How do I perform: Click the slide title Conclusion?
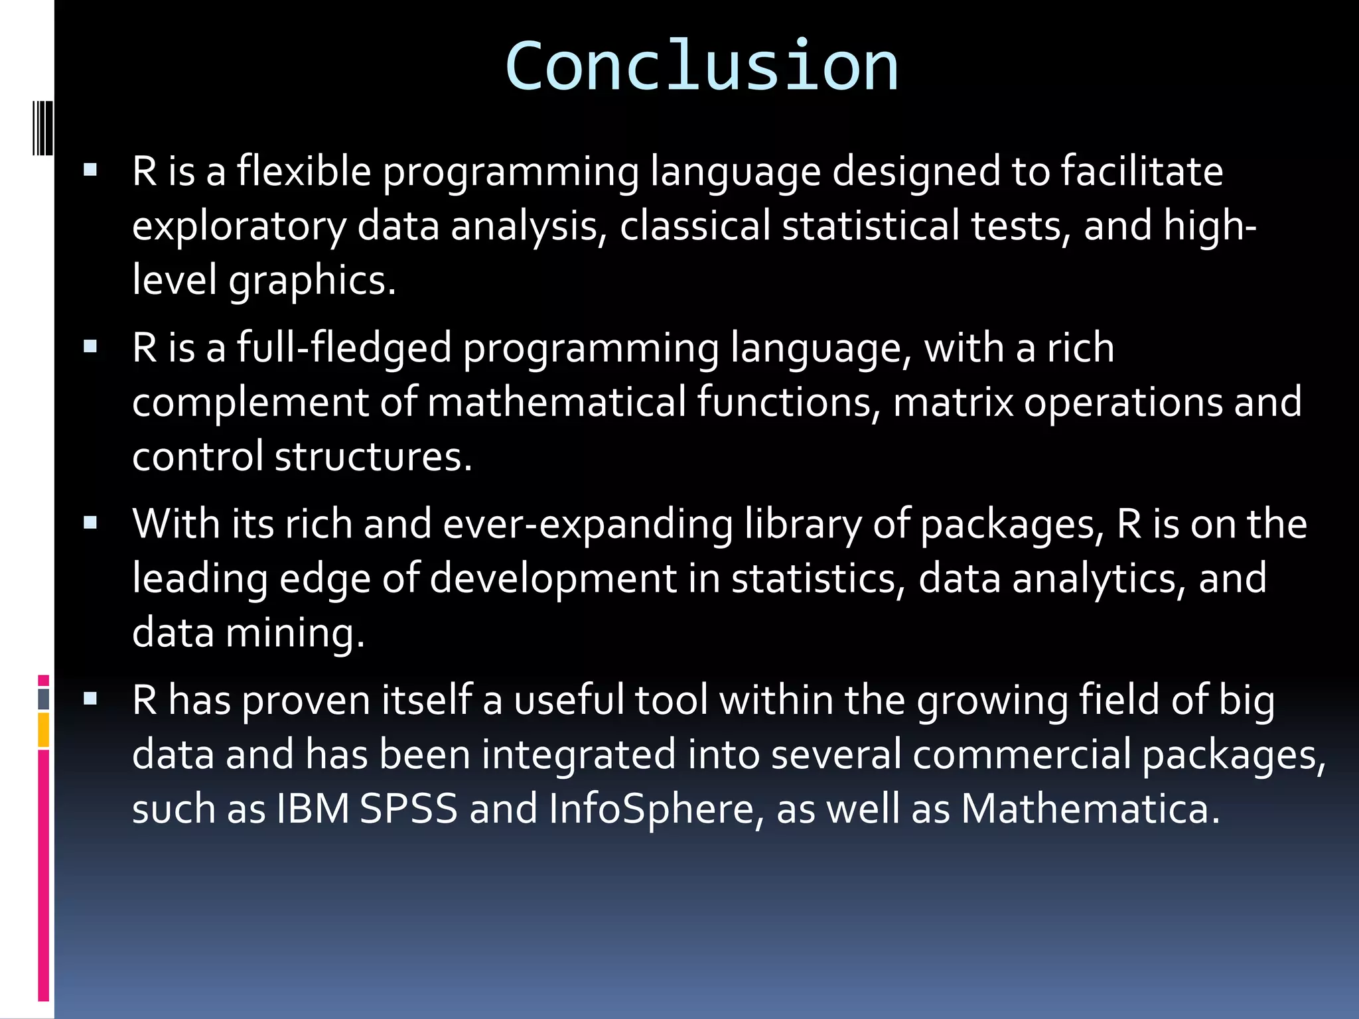pos(701,66)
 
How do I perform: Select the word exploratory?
pos(239,226)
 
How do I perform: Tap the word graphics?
pos(312,281)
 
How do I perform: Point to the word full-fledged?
pos(344,348)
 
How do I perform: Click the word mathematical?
pos(557,402)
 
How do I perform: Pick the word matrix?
pos(953,402)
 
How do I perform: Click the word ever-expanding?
pos(588,524)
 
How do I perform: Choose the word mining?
pos(295,633)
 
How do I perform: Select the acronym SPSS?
pos(409,809)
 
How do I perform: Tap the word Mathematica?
pos(1090,809)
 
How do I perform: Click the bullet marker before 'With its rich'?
pos(91,523)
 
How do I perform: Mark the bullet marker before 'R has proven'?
pos(91,699)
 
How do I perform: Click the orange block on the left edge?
pos(44,730)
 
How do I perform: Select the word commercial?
pos(1022,755)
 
